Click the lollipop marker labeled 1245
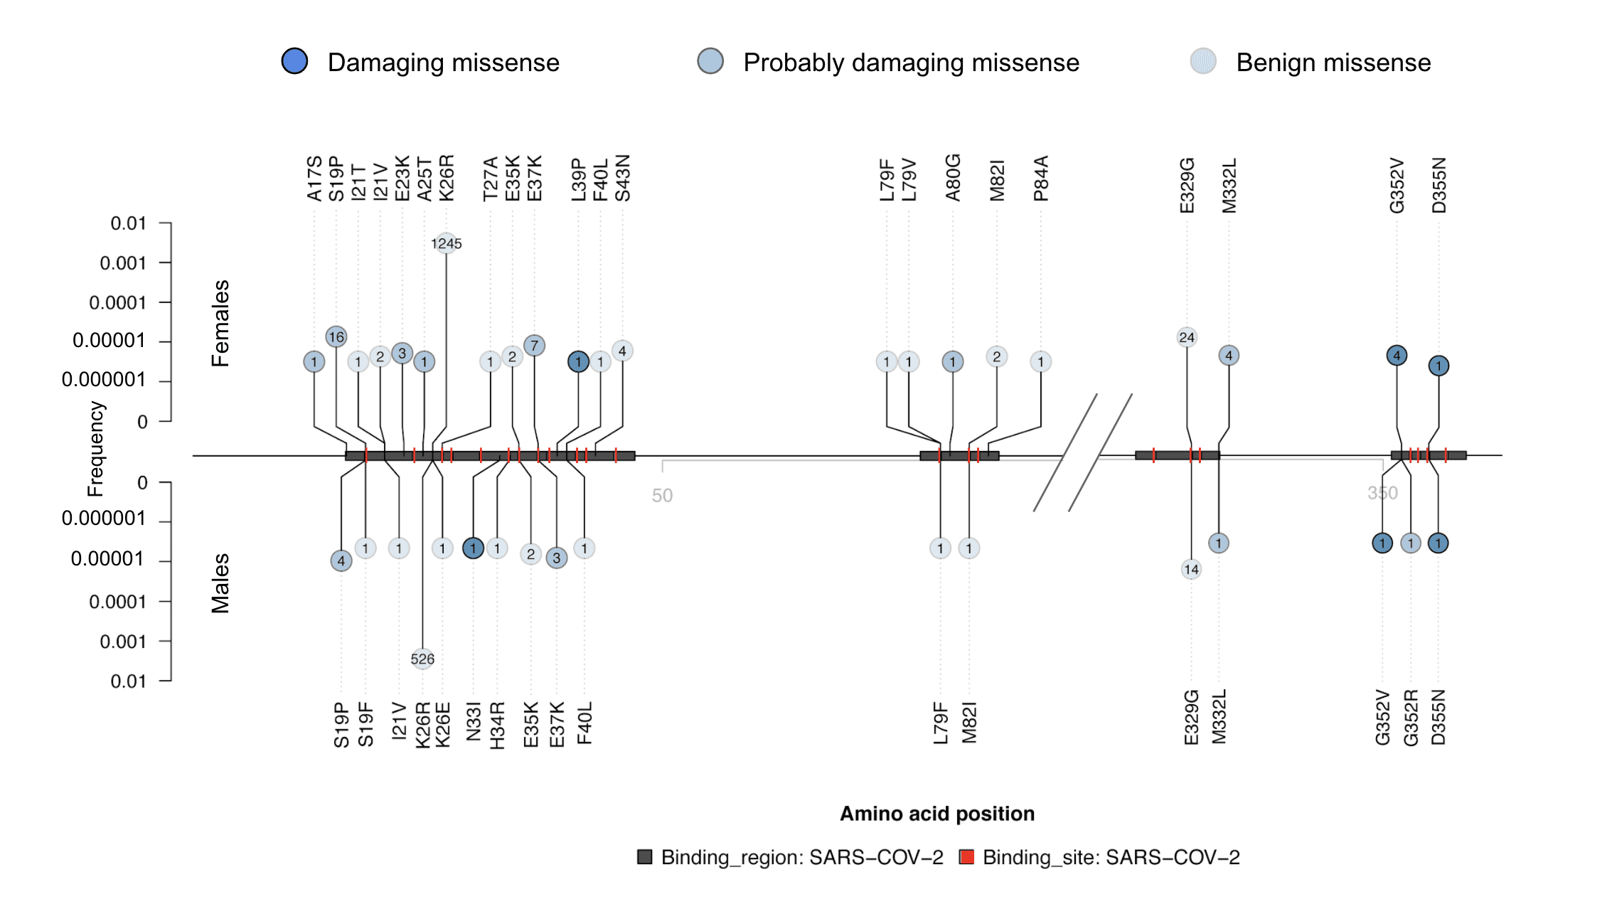[x=446, y=244]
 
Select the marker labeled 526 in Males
[x=422, y=659]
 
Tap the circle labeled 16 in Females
[x=336, y=336]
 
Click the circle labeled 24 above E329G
[x=1186, y=337]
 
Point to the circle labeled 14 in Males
[x=1191, y=569]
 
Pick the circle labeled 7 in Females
[x=534, y=346]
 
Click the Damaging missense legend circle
[x=294, y=61]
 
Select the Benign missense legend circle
[x=1203, y=61]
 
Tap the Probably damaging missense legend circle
[x=710, y=61]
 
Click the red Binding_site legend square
[x=966, y=856]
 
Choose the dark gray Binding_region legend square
[x=645, y=856]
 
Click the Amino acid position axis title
[x=936, y=814]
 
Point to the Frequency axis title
[x=95, y=448]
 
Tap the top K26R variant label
[x=446, y=179]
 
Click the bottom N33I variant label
[x=474, y=721]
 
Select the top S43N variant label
[x=623, y=179]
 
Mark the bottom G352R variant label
[x=1411, y=717]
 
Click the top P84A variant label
[x=1041, y=179]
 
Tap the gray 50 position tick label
[x=662, y=496]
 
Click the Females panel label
[x=220, y=323]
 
